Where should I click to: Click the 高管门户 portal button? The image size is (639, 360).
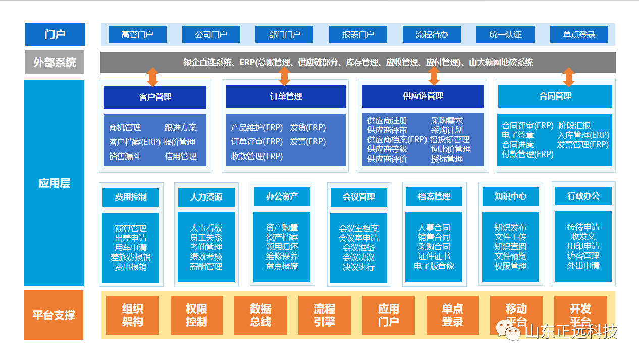[137, 35]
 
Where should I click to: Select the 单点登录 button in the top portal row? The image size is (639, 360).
[579, 35]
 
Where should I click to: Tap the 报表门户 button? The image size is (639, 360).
[358, 35]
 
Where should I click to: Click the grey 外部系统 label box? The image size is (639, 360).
[55, 63]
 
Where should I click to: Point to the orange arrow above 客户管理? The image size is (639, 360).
[153, 76]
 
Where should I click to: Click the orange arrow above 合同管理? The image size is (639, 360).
[569, 76]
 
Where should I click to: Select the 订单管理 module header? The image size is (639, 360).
[286, 96]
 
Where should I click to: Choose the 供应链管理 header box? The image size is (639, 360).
[422, 96]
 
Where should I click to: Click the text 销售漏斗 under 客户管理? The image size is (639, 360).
[125, 157]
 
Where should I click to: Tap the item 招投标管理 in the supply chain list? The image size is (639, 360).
[449, 140]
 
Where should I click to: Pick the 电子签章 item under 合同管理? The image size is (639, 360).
[518, 135]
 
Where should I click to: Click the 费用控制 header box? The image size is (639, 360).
[131, 197]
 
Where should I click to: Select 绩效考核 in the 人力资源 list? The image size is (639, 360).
[206, 256]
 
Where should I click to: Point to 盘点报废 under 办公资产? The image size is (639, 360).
[282, 266]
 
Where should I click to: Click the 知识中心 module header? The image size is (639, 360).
[510, 196]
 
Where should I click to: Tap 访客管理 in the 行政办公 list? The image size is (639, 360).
[583, 256]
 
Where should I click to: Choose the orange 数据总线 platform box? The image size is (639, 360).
[260, 315]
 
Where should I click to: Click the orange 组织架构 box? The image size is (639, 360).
[133, 315]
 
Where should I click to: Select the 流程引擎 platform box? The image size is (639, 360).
[325, 315]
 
